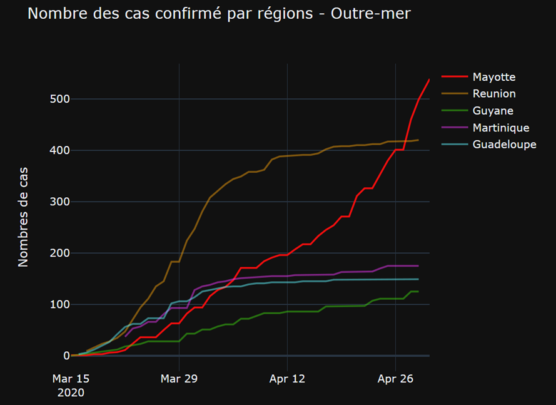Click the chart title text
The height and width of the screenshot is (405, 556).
[219, 13]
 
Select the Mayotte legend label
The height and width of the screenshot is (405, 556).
[494, 77]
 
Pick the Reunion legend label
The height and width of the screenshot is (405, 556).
[494, 94]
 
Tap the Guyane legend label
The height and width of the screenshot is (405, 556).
[493, 111]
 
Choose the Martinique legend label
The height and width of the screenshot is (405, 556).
[501, 128]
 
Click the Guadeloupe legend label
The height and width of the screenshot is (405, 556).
[504, 145]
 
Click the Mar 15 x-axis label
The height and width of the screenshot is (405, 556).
[71, 379]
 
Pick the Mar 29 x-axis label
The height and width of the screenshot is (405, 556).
[179, 379]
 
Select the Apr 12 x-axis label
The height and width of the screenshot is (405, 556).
[287, 379]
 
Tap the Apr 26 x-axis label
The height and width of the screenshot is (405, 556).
[395, 379]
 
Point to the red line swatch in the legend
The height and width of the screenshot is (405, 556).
[454, 77]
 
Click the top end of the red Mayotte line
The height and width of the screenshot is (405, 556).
[429, 79]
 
